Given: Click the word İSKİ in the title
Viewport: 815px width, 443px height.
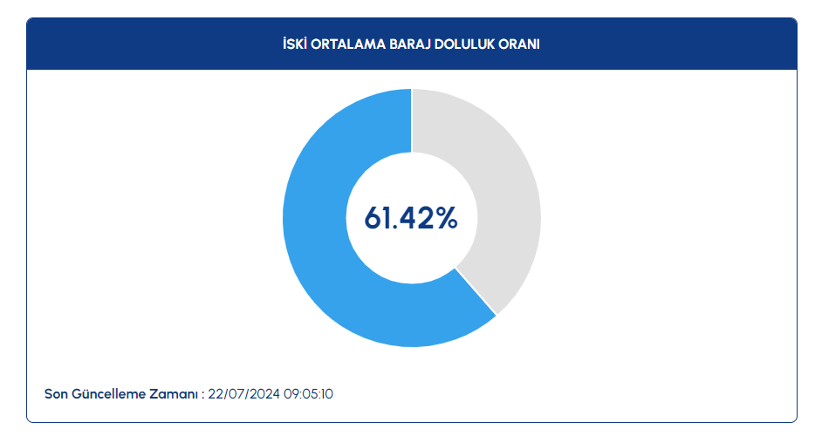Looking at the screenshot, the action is point(295,44).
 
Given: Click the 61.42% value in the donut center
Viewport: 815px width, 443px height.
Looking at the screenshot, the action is point(411,218).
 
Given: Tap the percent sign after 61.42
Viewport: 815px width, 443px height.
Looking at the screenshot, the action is point(447,218).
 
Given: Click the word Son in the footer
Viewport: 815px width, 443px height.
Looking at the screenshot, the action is point(56,394).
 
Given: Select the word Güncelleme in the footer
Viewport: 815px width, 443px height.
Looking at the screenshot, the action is point(108,395).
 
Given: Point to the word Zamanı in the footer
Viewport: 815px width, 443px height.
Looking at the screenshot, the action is point(174,394).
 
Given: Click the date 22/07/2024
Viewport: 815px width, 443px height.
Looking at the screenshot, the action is point(243,394).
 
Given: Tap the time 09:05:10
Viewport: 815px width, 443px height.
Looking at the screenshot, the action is point(308,394).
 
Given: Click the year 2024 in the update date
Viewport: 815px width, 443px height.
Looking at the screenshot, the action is point(265,394).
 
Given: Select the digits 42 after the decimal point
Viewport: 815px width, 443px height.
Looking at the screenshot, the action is point(417,218).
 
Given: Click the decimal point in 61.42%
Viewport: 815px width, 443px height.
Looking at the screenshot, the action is point(394,228).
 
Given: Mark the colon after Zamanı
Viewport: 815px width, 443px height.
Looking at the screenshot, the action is point(202,396).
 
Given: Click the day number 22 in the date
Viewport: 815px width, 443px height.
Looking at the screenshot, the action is point(216,394).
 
